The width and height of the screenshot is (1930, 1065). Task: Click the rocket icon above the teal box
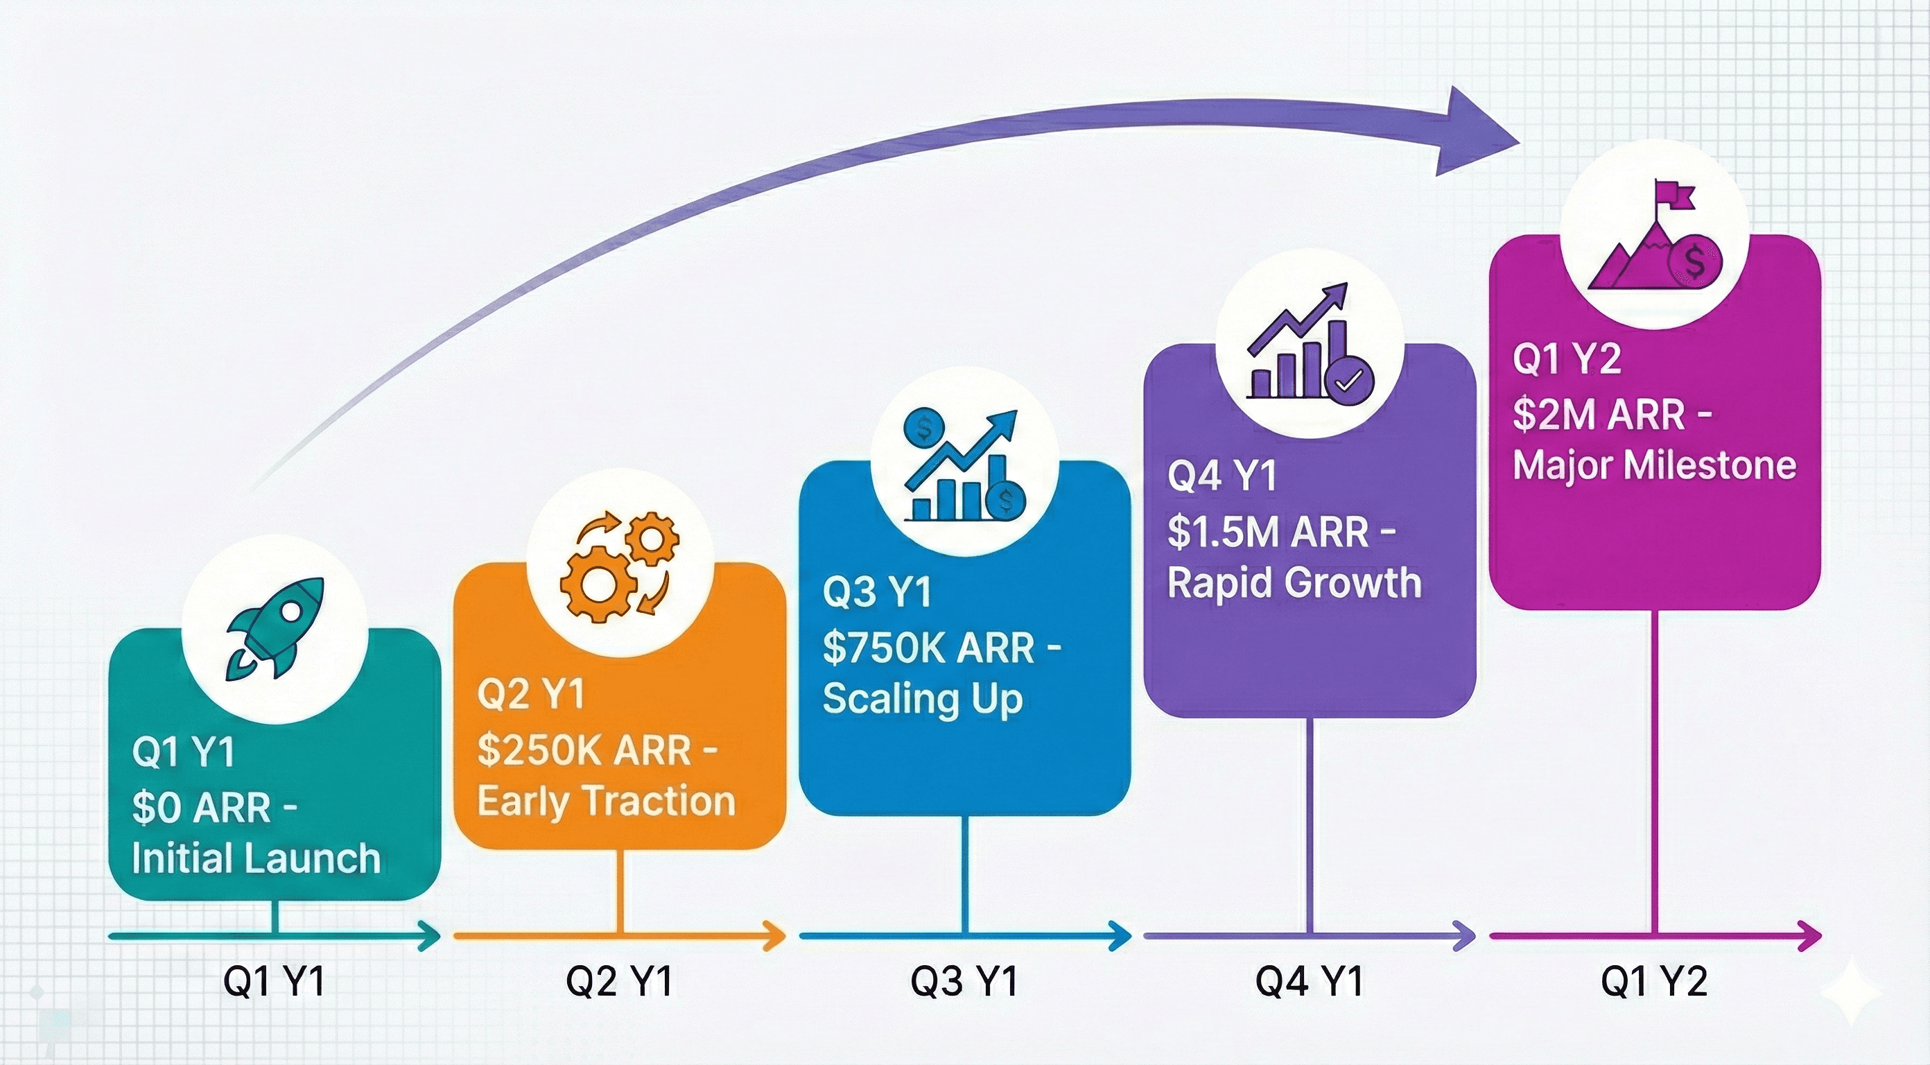[275, 628]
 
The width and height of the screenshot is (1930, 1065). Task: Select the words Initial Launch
[257, 859]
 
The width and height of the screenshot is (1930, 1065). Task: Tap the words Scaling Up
[922, 698]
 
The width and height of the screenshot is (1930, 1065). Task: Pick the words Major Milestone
[1654, 465]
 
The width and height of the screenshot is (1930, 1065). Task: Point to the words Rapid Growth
[1294, 583]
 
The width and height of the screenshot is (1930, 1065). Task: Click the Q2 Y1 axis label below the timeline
[619, 981]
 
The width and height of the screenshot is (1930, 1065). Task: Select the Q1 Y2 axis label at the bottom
[1654, 981]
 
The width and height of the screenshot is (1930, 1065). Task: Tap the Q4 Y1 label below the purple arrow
[1309, 981]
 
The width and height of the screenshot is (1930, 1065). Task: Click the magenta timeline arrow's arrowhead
[1811, 936]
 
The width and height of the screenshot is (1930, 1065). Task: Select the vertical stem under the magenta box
[1654, 772]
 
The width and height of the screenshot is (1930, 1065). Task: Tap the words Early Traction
[606, 802]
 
